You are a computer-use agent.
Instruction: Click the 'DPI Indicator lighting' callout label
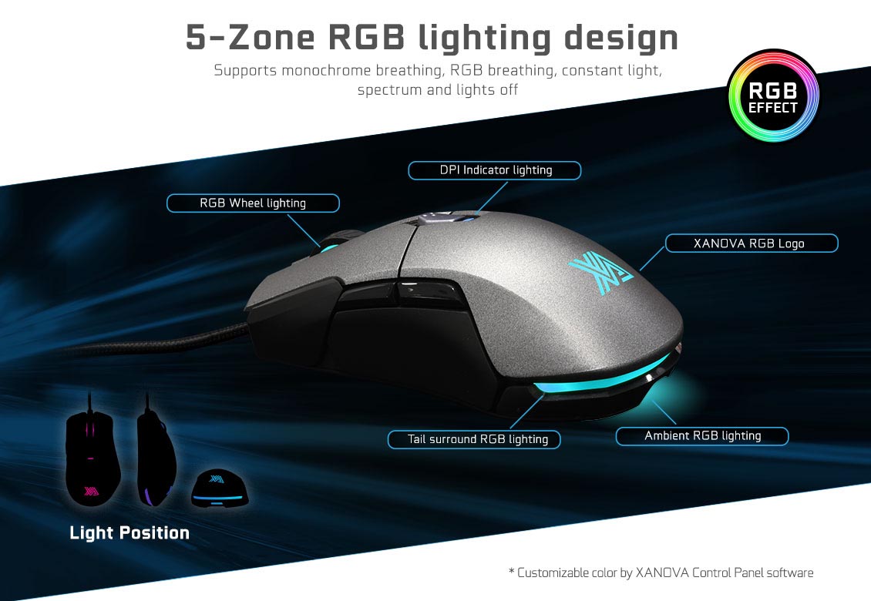point(494,170)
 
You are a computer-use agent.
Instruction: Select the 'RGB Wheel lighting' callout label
point(253,203)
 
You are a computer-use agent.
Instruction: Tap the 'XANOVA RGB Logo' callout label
point(752,243)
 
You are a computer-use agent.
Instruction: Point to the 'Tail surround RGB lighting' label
point(474,439)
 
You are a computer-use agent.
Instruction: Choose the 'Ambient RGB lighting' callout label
point(702,436)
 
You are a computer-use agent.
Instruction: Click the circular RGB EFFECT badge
point(773,96)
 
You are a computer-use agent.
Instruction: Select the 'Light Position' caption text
point(129,532)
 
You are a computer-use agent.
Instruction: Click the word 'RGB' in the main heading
point(367,37)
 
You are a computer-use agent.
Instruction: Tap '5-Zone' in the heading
point(250,37)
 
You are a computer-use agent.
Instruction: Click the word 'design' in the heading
point(621,39)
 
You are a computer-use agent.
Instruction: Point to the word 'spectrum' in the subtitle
point(390,90)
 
